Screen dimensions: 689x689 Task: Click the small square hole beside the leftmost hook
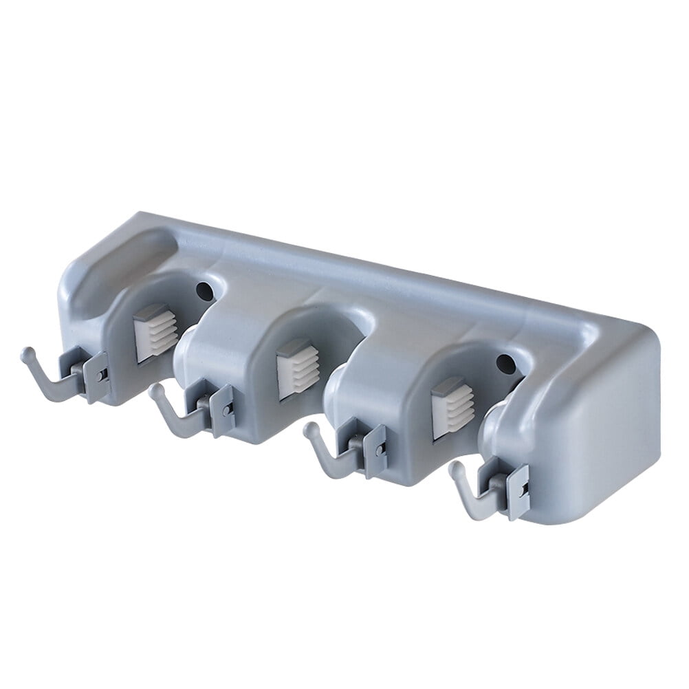tap(102, 373)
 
